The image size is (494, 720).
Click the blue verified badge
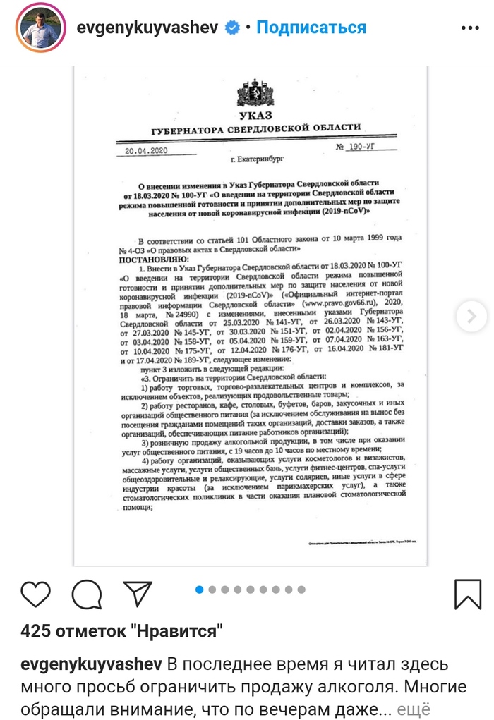[231, 28]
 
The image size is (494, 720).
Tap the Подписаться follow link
[311, 28]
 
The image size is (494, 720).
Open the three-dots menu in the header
[469, 28]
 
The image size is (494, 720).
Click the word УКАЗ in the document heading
[254, 115]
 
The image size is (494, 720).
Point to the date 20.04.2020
[145, 151]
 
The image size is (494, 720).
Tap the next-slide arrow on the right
[471, 315]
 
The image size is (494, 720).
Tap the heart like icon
[36, 594]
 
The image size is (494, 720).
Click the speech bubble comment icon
[87, 594]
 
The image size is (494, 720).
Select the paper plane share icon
[138, 594]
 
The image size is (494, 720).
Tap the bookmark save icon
[468, 594]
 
